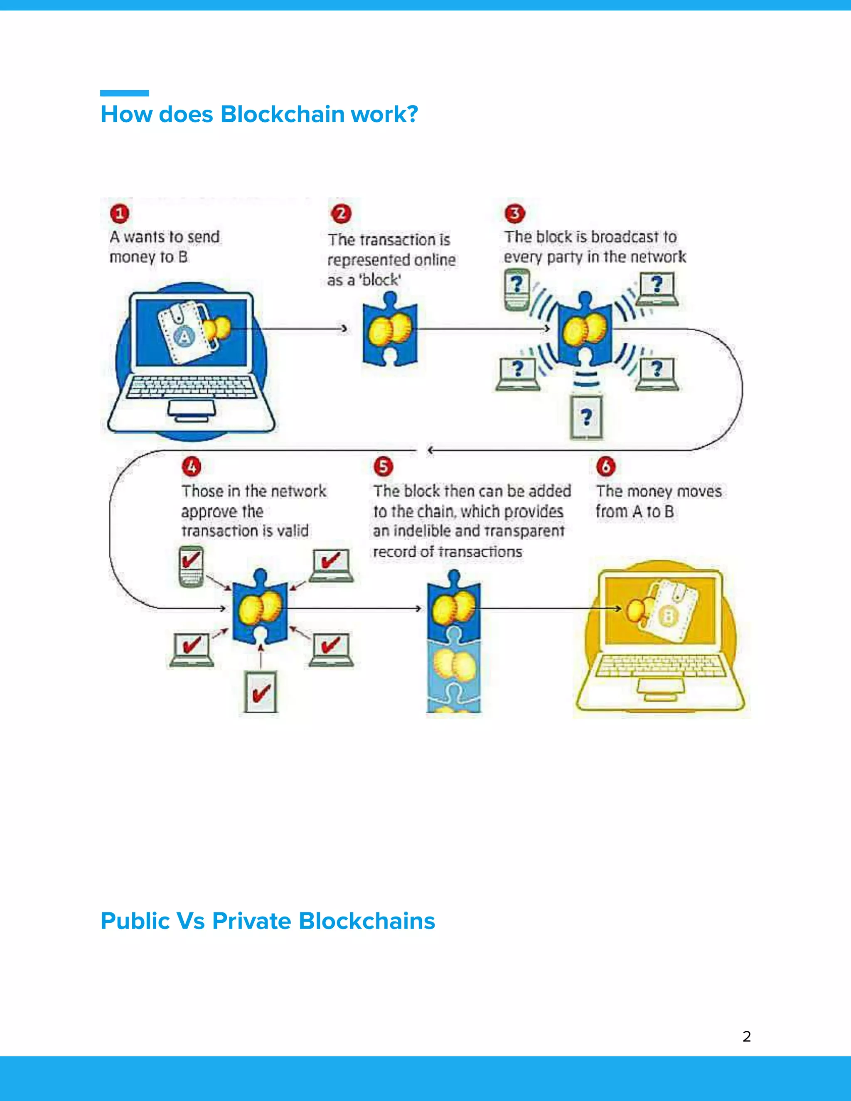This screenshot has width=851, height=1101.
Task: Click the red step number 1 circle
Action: click(x=120, y=214)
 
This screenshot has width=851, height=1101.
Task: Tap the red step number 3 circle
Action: click(x=515, y=213)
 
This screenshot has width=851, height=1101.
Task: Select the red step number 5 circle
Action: click(x=383, y=466)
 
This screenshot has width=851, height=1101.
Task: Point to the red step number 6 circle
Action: click(x=605, y=466)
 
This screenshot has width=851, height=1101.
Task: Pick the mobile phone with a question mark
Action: click(x=517, y=289)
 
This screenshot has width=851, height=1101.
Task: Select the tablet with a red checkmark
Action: click(x=260, y=692)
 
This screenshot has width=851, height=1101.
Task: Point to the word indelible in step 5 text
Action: click(x=423, y=531)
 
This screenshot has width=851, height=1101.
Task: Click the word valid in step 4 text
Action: click(x=293, y=531)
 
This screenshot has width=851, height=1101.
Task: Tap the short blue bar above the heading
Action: click(x=125, y=93)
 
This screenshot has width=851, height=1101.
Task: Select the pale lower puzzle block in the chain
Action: click(x=454, y=666)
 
